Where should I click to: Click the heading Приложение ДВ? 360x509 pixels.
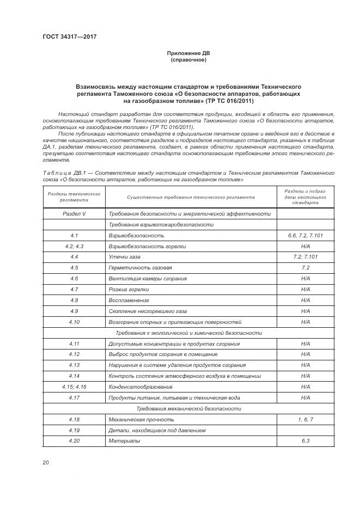pos(188,53)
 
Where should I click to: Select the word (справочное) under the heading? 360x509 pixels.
pos(188,60)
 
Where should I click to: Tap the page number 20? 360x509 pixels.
pos(46,462)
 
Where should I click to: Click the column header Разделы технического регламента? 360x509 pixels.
pos(74,197)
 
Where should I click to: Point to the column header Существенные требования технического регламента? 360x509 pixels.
pos(190,198)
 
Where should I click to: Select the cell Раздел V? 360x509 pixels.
pos(74,214)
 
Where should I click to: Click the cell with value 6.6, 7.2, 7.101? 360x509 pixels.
pos(305,235)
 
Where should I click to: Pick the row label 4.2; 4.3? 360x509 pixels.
pos(74,246)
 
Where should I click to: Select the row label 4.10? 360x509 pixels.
pos(74,322)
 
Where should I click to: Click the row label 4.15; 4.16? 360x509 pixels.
pos(74,387)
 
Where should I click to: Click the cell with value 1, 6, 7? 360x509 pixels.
pos(305,419)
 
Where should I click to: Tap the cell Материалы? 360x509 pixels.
pos(124,440)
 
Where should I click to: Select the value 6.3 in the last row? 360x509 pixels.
pos(305,440)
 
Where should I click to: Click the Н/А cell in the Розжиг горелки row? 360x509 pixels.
pos(305,289)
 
